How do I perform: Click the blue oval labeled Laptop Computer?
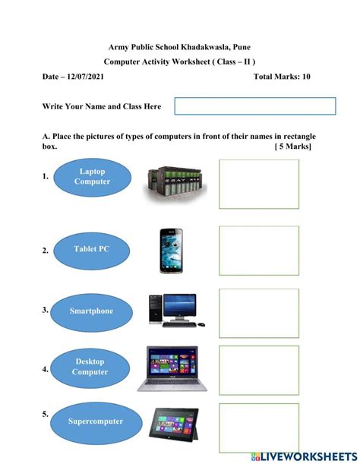point(91,176)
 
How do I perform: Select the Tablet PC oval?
point(91,249)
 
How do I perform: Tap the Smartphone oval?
point(91,311)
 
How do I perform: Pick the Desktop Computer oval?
point(90,367)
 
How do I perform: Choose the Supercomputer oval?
point(95,421)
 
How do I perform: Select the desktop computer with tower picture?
point(173,311)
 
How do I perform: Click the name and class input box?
point(255,106)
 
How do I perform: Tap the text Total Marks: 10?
point(282,77)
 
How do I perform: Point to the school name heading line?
point(179,47)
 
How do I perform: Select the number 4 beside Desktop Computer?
point(46,370)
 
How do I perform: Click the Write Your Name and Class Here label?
point(102,107)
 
